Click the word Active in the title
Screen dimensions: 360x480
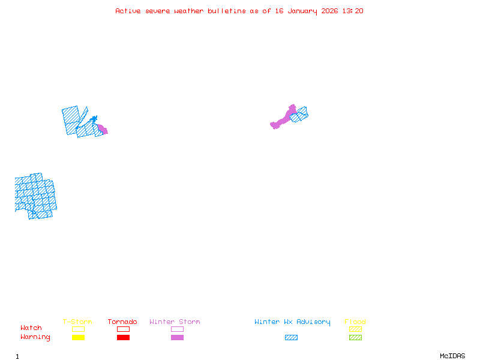128,11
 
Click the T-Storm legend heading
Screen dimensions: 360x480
77,322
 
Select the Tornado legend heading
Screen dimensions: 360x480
122,322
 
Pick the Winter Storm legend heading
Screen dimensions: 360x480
175,322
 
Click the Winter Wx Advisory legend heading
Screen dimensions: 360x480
292,322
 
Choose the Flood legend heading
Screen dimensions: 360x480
355,322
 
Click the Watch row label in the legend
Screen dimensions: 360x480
31,328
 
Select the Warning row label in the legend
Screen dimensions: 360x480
35,337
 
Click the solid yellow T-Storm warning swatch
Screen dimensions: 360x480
78,338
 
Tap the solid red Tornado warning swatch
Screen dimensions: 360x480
123,338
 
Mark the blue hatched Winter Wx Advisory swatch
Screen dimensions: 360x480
291,338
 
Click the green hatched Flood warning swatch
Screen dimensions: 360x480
355,338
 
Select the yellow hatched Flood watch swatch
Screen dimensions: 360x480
355,329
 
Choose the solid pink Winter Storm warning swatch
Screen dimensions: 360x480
177,338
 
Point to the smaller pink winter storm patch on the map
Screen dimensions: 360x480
103,129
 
